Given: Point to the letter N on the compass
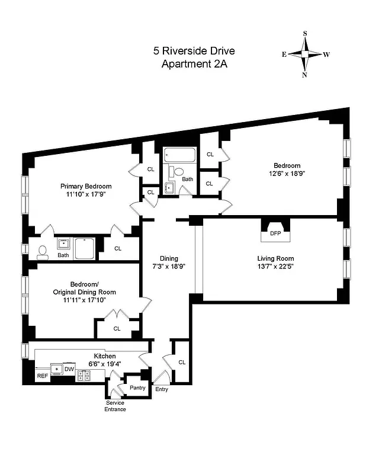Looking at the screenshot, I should tap(304, 75).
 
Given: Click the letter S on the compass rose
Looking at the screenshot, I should tap(305, 34).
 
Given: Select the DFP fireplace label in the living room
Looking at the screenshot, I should tap(275, 233).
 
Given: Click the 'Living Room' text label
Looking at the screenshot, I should tap(275, 258).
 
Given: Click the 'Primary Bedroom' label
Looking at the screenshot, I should tap(86, 186).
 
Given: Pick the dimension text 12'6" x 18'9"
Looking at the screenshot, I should tap(287, 174).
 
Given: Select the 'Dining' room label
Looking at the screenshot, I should tap(169, 258).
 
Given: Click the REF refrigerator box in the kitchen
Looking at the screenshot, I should tap(42, 376).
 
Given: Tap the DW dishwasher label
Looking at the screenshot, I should tap(69, 369).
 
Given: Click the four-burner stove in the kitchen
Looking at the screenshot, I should tap(84, 374).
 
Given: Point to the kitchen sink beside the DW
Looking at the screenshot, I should tap(56, 369).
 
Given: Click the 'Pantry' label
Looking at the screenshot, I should tap(137, 387).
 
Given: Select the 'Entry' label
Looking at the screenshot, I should tap(162, 389).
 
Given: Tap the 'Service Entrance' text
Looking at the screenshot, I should tap(115, 406).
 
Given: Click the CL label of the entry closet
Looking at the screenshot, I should tap(182, 362).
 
